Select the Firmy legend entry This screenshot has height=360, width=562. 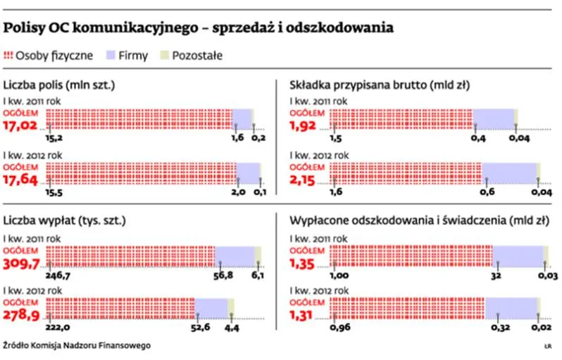coord(126,56)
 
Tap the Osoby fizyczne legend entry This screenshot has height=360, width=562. coord(47,56)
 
